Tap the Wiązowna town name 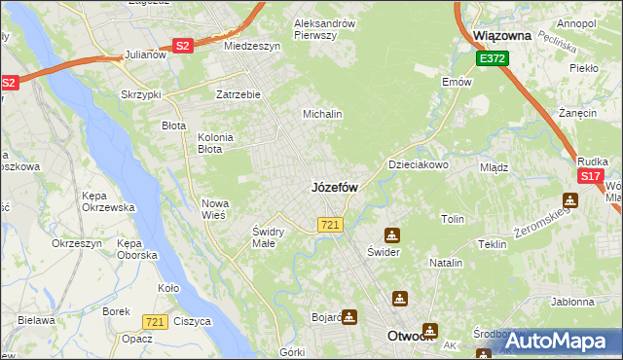point(501,35)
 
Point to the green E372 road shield point(492,59)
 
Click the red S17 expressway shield point(590,176)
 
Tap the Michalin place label point(322,114)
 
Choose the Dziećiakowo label point(419,164)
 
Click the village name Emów point(457,82)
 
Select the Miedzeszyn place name point(252,46)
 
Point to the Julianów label point(147,55)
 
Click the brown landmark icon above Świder point(391,234)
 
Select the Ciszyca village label point(193,321)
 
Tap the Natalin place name point(446,264)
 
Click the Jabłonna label point(571,302)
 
